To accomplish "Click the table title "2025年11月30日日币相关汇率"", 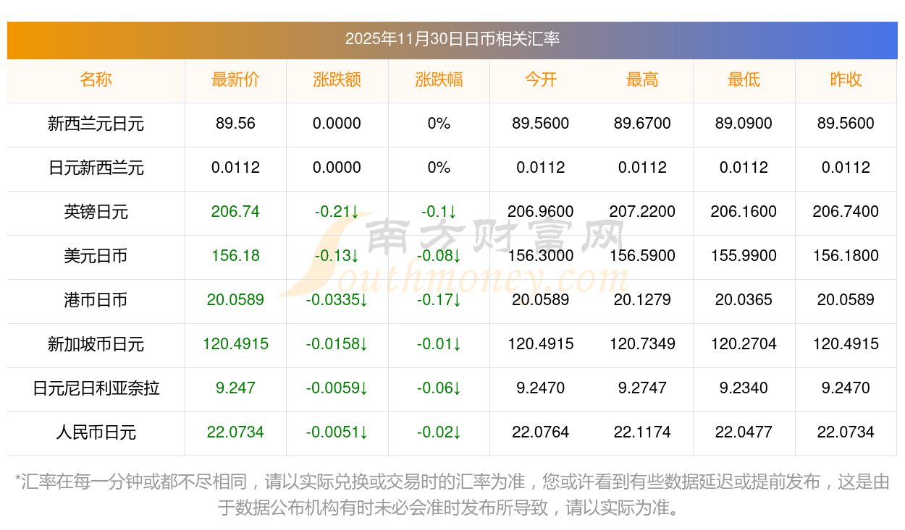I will tap(452, 39).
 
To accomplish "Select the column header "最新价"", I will tap(235, 80).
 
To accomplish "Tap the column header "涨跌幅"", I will tap(439, 80).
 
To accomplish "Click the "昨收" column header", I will tap(846, 80).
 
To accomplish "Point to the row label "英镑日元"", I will tap(96, 212).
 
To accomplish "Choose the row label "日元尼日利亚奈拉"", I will tap(96, 388).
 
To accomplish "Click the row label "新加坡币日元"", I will tap(96, 344).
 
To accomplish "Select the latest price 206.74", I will tap(235, 212).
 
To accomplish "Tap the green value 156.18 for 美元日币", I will tap(235, 256).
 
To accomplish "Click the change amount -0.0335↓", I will tap(337, 300).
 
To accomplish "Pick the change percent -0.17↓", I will tap(439, 300).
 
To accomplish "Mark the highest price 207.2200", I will tap(642, 212).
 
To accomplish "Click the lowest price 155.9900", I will tap(744, 256).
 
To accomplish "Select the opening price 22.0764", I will tap(540, 432).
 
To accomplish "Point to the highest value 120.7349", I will tap(642, 344).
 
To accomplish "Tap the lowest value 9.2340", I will tap(744, 388).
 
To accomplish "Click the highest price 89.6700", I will tap(642, 124).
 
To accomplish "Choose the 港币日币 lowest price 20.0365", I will tap(744, 300).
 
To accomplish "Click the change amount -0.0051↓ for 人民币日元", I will tap(337, 432).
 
